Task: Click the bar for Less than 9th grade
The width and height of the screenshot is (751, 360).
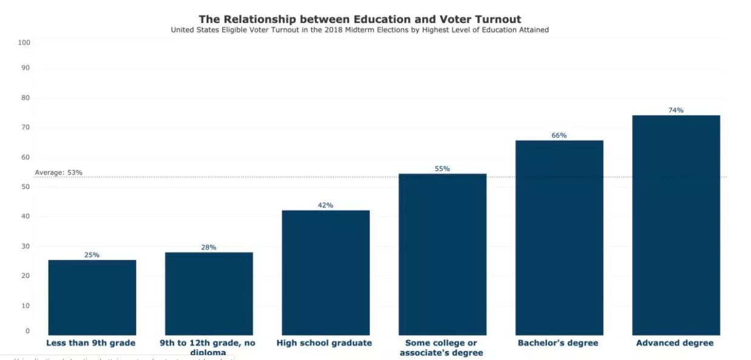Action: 92,297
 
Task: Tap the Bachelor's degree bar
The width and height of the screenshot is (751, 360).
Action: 559,237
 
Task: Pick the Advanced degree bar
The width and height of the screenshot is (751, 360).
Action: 676,225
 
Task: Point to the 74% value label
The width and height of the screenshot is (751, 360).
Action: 676,110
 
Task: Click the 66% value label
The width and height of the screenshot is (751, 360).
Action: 559,135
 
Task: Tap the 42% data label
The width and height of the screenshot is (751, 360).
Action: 325,205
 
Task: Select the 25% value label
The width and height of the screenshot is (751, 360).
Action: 92,255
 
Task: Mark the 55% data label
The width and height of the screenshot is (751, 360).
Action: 442,169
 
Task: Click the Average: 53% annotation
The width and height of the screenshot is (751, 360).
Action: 58,172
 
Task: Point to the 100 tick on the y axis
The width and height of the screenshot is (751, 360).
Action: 24,42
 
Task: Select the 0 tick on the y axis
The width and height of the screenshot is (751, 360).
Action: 27,331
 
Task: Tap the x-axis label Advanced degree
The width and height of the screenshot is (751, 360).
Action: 675,343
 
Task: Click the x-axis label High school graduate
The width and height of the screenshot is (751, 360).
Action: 324,343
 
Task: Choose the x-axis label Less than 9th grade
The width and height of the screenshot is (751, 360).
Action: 90,343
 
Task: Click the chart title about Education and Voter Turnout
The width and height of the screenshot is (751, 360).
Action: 359,19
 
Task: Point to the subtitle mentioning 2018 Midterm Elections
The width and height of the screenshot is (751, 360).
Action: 359,30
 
